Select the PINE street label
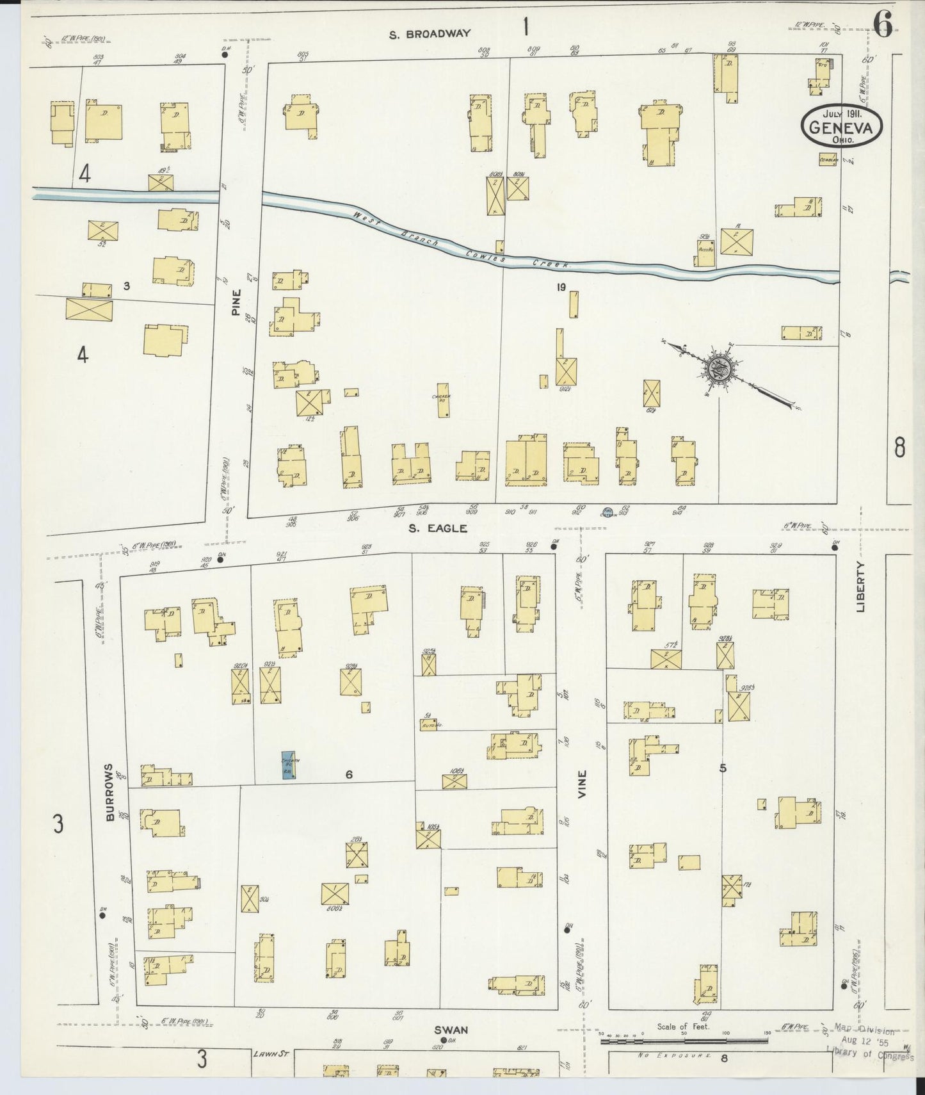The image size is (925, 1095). coord(237,302)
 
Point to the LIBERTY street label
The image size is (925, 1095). coord(860,587)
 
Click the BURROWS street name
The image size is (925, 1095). coord(109,792)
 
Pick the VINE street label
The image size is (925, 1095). coord(582,783)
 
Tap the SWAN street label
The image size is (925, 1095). coord(451,1030)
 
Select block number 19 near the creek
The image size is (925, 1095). coord(561,288)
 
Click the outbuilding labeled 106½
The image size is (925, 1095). coord(454,781)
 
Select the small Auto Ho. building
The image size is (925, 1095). coord(432,725)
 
